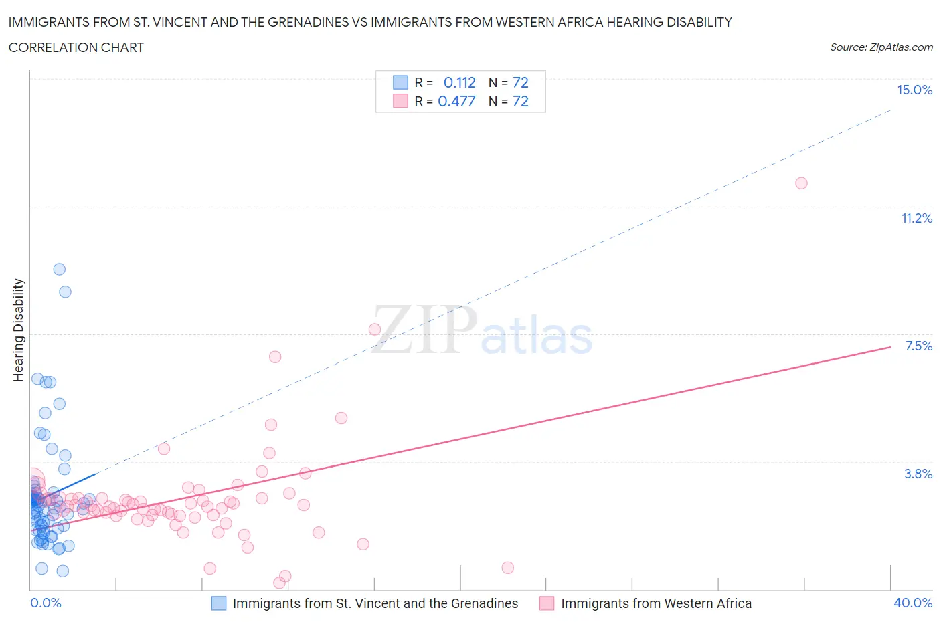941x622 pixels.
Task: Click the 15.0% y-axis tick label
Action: [x=914, y=90]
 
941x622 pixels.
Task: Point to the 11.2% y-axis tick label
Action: [x=916, y=219]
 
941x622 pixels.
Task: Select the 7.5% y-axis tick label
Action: [x=918, y=346]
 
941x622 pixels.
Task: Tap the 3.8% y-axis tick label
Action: [x=918, y=474]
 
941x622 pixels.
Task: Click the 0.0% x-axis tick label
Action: [x=46, y=603]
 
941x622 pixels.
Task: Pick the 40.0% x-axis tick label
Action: [x=913, y=603]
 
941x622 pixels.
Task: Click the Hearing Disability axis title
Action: [x=19, y=330]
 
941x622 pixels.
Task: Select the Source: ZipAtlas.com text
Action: [x=881, y=47]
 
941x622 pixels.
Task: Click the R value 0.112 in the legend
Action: [x=459, y=83]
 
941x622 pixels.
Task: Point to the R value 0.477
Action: [x=456, y=102]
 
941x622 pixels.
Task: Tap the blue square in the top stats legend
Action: [x=400, y=83]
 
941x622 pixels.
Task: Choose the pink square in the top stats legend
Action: [x=400, y=102]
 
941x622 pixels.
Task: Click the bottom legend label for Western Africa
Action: [x=656, y=603]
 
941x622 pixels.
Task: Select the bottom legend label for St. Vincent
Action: [x=375, y=603]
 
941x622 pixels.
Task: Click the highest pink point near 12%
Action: [x=801, y=183]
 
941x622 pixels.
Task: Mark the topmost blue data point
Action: [x=60, y=270]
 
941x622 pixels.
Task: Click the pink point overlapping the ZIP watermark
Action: [x=375, y=329]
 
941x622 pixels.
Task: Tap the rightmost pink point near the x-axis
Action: [x=507, y=568]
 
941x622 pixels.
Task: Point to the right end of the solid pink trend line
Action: [x=890, y=347]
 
